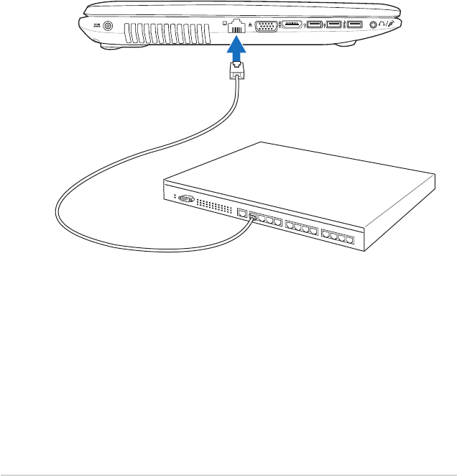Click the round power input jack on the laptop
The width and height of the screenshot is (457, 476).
109,27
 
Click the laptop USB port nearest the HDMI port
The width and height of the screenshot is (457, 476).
315,26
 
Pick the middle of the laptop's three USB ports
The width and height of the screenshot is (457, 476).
333,26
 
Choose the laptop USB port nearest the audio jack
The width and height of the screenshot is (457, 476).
354,26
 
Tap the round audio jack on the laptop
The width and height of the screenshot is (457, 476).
373,25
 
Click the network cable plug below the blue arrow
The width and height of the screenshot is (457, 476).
237,70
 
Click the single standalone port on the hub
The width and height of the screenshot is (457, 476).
243,214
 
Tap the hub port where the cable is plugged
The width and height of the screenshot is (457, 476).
254,217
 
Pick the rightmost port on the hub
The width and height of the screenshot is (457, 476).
349,239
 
